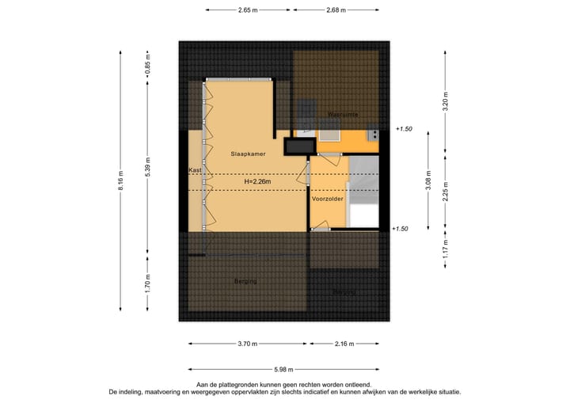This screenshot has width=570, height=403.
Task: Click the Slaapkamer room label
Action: pos(248,152)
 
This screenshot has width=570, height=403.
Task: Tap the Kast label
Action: pos(196,170)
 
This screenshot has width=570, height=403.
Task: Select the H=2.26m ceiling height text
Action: pos(257,182)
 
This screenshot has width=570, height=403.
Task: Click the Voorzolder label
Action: pos(327,200)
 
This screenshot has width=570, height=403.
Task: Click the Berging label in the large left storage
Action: pos(245,281)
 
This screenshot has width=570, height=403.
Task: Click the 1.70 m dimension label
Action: pos(147,283)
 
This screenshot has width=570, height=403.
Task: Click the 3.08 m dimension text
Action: pos(427,181)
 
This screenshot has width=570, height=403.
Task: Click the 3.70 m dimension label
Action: pos(248,344)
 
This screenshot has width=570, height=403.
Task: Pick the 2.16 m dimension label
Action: pos(344,344)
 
